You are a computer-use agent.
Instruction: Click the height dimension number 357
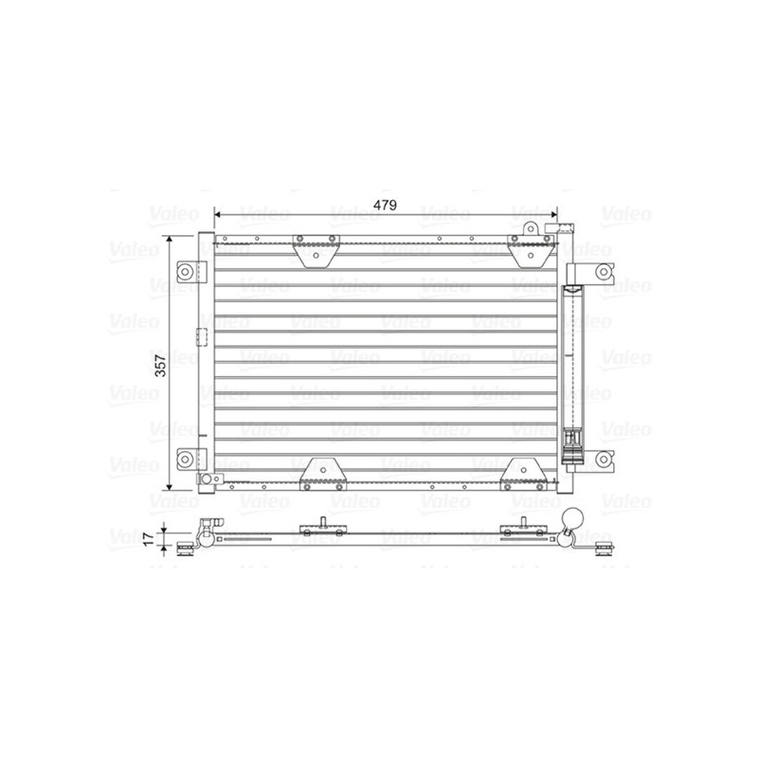pos(160,364)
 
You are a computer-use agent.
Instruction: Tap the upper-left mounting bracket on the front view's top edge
pos(316,250)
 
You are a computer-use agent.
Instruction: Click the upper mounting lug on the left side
pos(189,270)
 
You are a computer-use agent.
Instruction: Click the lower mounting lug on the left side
pos(189,460)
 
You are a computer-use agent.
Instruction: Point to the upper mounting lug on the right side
pos(601,274)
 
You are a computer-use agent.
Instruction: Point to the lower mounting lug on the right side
pos(601,460)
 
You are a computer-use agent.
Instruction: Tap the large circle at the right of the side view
pos(575,519)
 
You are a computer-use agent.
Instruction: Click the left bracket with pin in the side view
pos(323,529)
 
